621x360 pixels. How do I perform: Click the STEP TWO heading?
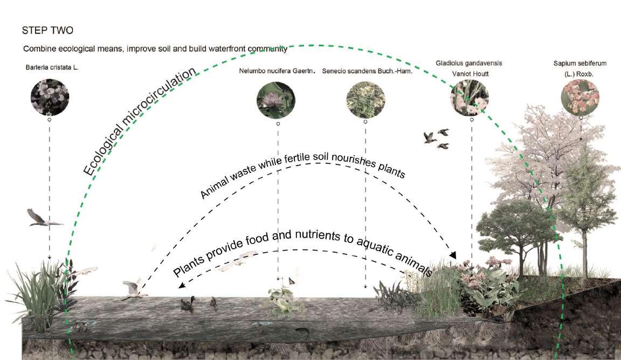46,31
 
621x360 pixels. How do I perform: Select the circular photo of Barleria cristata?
50,95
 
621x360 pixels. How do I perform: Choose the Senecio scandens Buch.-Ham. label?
367,71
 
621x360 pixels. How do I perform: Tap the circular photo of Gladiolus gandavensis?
469,96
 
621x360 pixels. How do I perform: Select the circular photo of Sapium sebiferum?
580,96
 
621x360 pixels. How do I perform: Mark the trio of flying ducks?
437,138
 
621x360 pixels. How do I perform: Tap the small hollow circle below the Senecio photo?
365,122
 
